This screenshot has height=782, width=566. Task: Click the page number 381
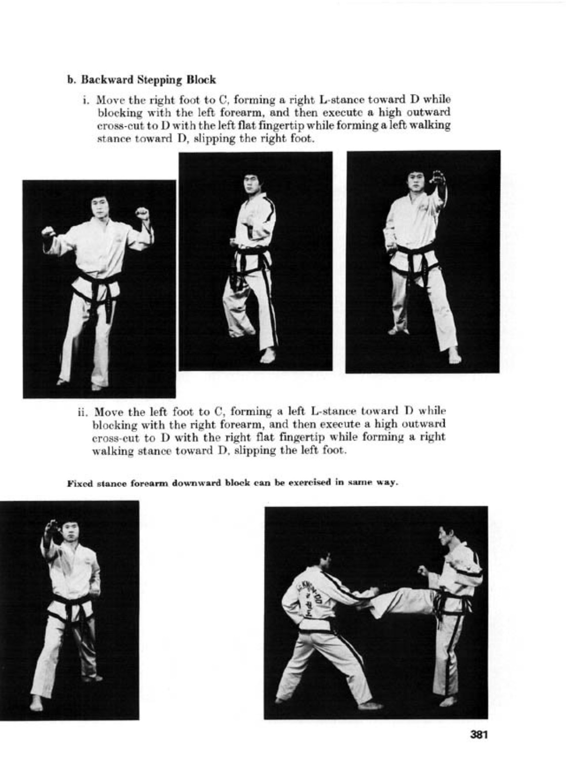(x=478, y=735)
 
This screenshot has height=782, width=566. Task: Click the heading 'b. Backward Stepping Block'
(x=142, y=80)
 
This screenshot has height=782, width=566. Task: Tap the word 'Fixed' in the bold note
(x=78, y=482)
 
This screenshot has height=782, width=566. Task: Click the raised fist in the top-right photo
(x=438, y=177)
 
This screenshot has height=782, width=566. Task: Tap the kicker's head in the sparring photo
(x=446, y=534)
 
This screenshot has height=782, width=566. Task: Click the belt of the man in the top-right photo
(x=414, y=250)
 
